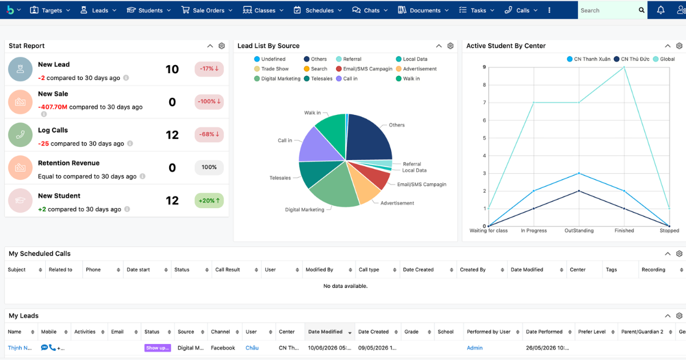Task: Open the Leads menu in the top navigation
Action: coord(98,10)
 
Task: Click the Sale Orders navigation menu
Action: coord(207,10)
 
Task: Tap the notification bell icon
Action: coord(661,10)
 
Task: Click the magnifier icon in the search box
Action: coord(641,10)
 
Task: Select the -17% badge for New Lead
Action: coord(209,69)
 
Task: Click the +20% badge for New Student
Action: coord(209,201)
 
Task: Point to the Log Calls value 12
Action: coord(172,135)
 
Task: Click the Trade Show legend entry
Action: coord(272,69)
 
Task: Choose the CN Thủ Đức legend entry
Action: coord(632,59)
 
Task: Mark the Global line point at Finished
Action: coord(624,67)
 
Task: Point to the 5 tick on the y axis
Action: coord(485,138)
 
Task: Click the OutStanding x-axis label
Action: coord(579,230)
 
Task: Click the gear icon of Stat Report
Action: coord(222,46)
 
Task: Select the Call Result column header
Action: coord(228,270)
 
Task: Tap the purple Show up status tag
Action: coord(157,348)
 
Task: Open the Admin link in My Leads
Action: coord(474,348)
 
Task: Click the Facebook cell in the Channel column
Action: coord(223,348)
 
